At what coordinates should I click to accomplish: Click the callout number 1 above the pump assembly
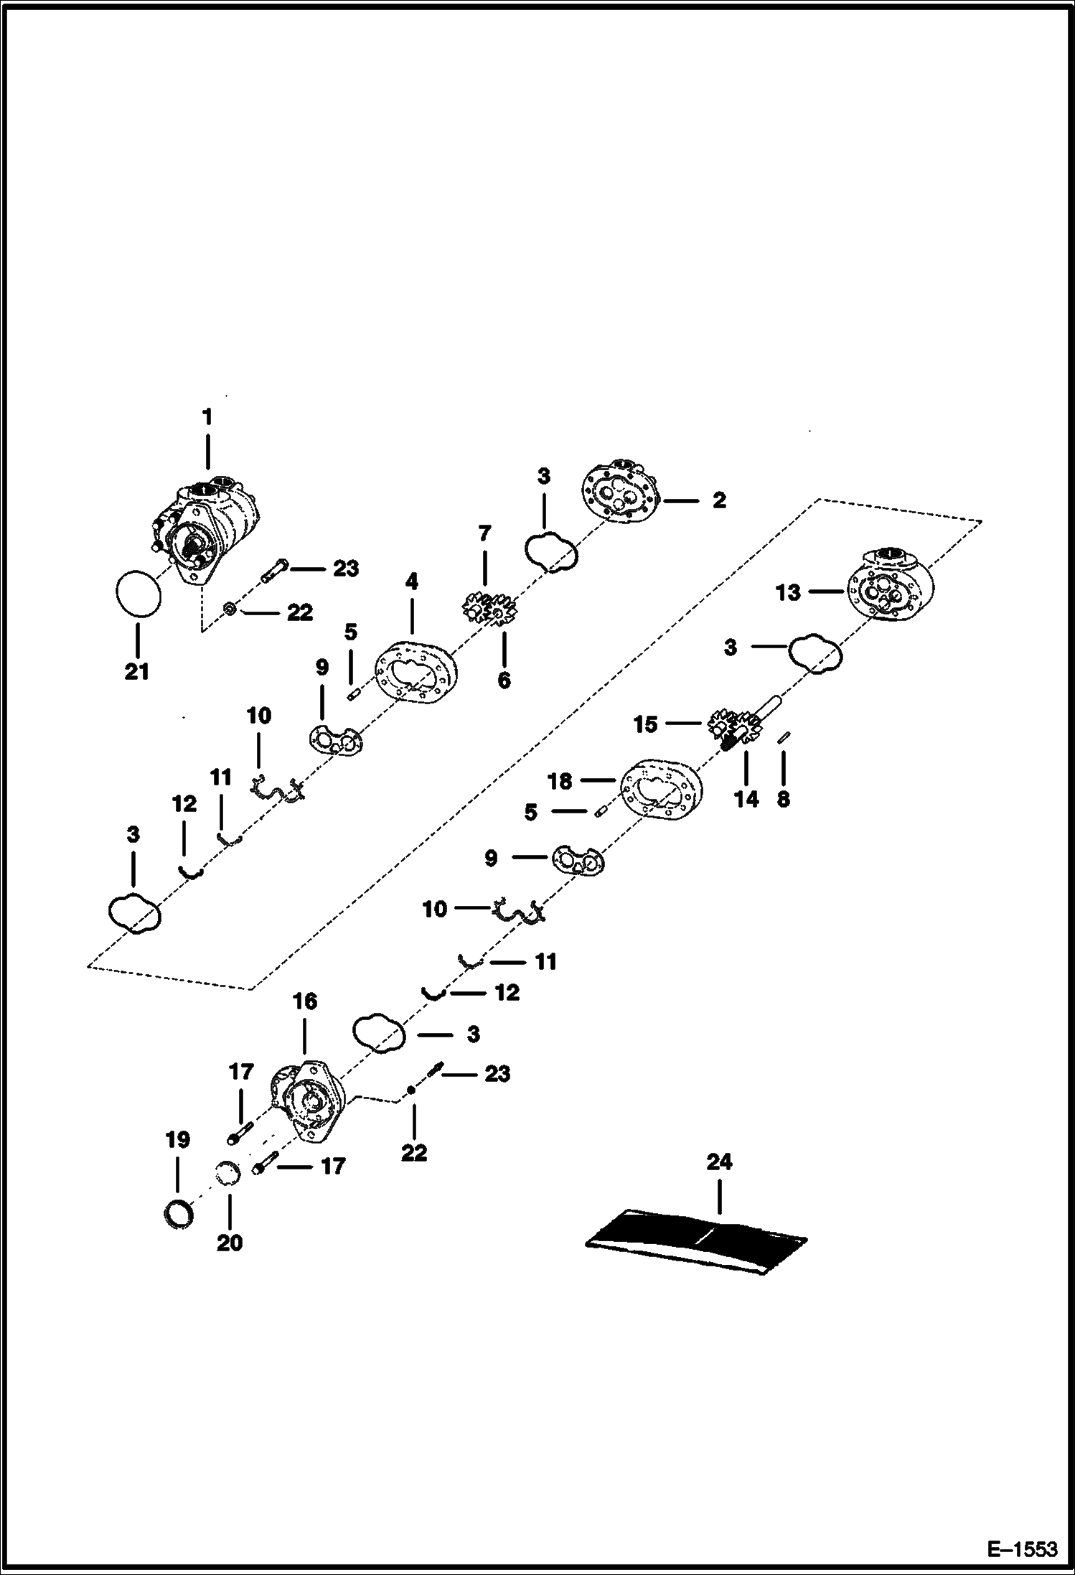(x=207, y=417)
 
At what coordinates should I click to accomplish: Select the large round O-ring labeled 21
(x=138, y=594)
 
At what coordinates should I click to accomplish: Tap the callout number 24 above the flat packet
(x=719, y=1162)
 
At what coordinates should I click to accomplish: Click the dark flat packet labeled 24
(x=696, y=1240)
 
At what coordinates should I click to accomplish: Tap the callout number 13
(x=788, y=593)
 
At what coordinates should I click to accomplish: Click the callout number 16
(x=305, y=1001)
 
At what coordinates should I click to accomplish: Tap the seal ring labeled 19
(x=177, y=1213)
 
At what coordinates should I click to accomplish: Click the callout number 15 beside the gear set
(x=645, y=724)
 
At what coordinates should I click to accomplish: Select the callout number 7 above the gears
(x=484, y=533)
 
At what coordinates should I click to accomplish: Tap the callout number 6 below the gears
(x=504, y=680)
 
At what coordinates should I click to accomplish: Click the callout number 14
(x=746, y=798)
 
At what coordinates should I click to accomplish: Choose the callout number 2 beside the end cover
(x=719, y=500)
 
